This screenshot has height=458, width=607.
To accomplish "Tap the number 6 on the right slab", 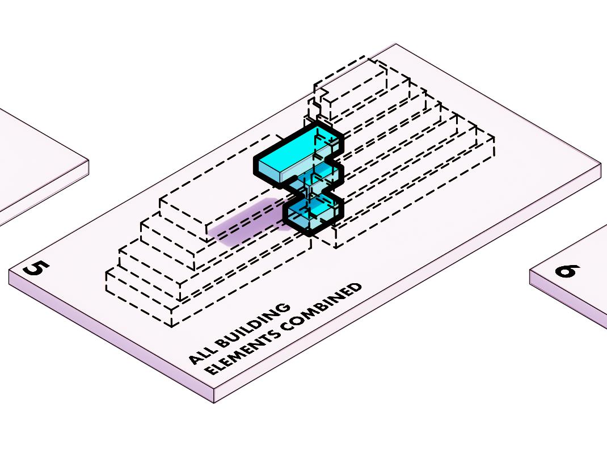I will pyautogui.click(x=567, y=271).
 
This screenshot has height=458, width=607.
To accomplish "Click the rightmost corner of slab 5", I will pyautogui.click(x=600, y=166).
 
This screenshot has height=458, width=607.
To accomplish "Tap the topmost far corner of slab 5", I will pyautogui.click(x=395, y=44).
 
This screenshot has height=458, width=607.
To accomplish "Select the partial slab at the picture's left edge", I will pyautogui.click(x=34, y=165).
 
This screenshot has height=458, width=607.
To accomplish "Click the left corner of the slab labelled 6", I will pyautogui.click(x=531, y=271).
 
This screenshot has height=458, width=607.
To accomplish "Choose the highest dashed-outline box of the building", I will pyautogui.click(x=352, y=79).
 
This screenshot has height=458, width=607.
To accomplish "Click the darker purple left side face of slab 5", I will pyautogui.click(x=108, y=341).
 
